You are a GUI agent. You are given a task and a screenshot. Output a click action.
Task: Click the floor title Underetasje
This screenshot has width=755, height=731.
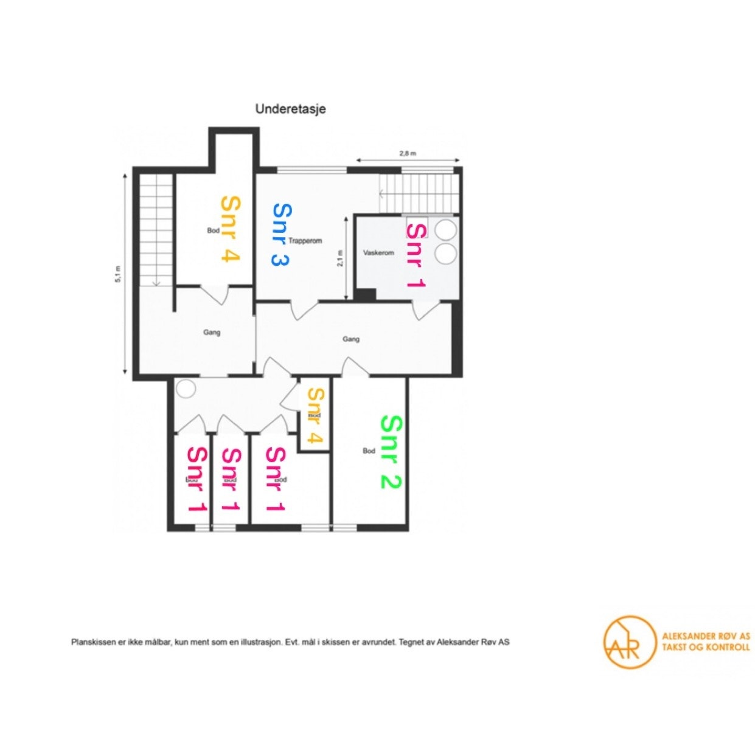point(290,109)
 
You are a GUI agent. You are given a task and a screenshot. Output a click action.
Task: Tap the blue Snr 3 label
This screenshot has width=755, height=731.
point(280,235)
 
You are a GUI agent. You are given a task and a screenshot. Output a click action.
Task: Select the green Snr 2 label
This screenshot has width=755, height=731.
point(391,452)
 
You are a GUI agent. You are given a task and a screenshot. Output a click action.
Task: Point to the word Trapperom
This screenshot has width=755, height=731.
point(305,240)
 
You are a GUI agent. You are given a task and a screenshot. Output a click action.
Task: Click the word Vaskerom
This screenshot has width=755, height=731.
point(378,252)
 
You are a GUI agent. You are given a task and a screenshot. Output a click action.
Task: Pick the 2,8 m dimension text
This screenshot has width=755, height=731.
point(407,153)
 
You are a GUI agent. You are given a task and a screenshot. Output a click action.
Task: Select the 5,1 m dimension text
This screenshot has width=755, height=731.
point(119,274)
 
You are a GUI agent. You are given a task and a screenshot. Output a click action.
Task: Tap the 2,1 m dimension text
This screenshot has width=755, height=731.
point(340,259)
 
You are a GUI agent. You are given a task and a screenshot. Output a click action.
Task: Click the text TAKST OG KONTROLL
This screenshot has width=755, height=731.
point(705,647)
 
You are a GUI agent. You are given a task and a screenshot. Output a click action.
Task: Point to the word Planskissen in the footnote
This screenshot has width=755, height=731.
point(91,642)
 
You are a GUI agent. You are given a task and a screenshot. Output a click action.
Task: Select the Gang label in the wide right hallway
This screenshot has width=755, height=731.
point(350,339)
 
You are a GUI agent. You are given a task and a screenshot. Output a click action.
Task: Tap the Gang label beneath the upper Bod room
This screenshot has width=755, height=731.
point(212,332)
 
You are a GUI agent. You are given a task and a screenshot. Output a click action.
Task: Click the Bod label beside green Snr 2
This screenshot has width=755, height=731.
point(369,451)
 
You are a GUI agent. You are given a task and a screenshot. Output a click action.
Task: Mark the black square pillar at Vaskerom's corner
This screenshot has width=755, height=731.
point(366,294)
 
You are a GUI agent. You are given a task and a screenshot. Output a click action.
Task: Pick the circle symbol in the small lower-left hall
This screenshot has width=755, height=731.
point(186,389)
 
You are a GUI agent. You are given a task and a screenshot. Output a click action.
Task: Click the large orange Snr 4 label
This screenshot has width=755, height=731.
point(229,229)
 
